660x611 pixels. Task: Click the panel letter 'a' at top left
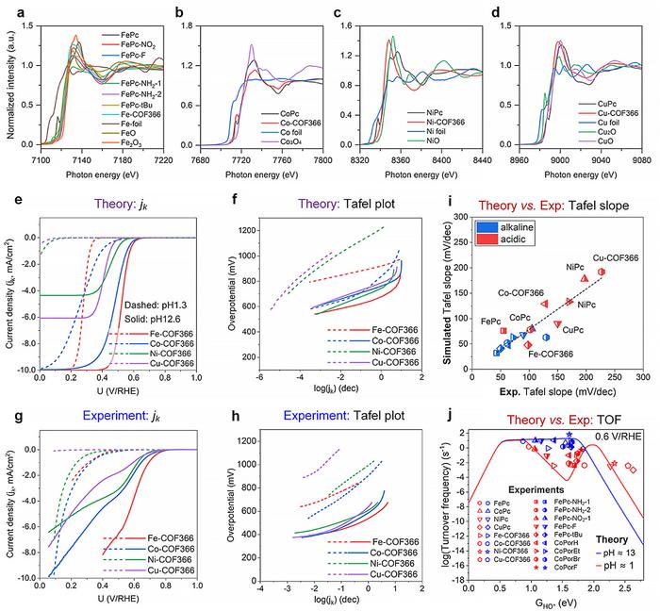point(9,8)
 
